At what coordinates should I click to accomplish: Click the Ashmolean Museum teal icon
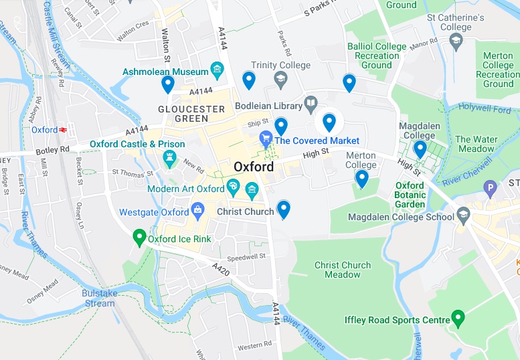(216, 69)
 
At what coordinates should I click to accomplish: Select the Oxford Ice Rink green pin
(139, 236)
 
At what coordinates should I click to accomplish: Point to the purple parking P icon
(491, 189)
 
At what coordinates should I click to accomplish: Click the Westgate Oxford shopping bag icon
(198, 212)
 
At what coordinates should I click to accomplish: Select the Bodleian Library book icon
(311, 104)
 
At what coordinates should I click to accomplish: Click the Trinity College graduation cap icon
(280, 80)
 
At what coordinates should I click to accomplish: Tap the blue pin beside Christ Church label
(284, 209)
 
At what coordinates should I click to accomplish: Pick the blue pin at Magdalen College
(420, 149)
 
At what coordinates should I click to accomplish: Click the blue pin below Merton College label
(361, 178)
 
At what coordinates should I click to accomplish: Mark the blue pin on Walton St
(168, 84)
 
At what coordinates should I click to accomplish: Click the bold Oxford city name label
(254, 167)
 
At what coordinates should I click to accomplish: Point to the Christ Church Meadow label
(342, 270)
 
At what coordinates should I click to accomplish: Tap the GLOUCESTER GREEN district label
(191, 114)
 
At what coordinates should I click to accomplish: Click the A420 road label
(221, 268)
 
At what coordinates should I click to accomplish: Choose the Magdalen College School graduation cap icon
(464, 215)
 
